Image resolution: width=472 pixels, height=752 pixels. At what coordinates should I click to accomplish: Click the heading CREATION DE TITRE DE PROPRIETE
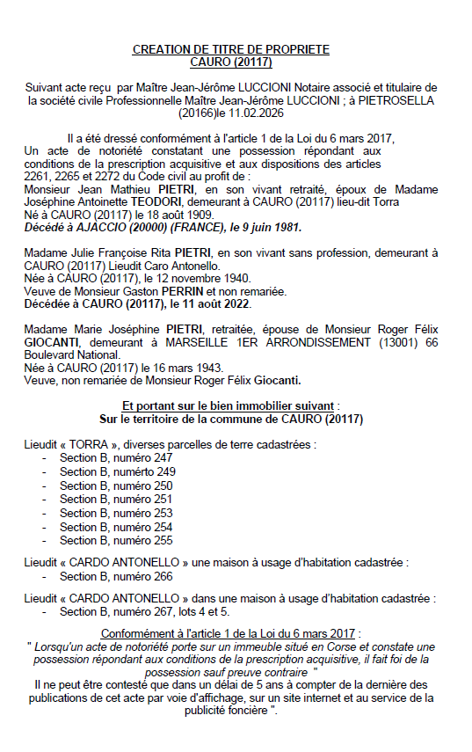tap(230, 50)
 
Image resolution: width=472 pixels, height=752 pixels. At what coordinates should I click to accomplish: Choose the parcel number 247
tap(162, 457)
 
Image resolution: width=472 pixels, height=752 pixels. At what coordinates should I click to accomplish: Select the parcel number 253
tap(162, 513)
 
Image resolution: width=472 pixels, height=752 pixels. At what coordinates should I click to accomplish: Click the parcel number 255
tap(162, 540)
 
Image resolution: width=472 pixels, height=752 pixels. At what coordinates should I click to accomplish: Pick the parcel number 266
tap(162, 576)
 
